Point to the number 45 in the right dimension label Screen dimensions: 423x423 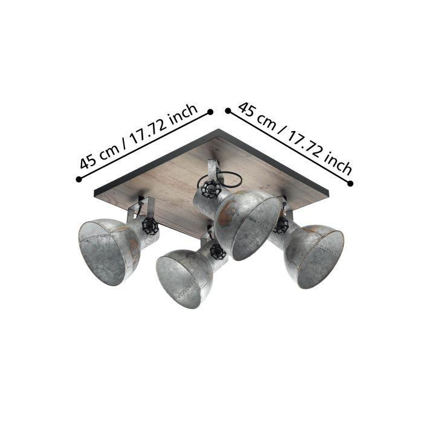click(247, 109)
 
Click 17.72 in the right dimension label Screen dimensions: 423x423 click(304, 144)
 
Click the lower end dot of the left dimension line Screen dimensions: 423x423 click(79, 179)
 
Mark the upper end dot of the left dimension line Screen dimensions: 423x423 click(210, 112)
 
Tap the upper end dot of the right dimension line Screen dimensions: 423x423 click(228, 111)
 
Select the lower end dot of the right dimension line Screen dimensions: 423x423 click(350, 184)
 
